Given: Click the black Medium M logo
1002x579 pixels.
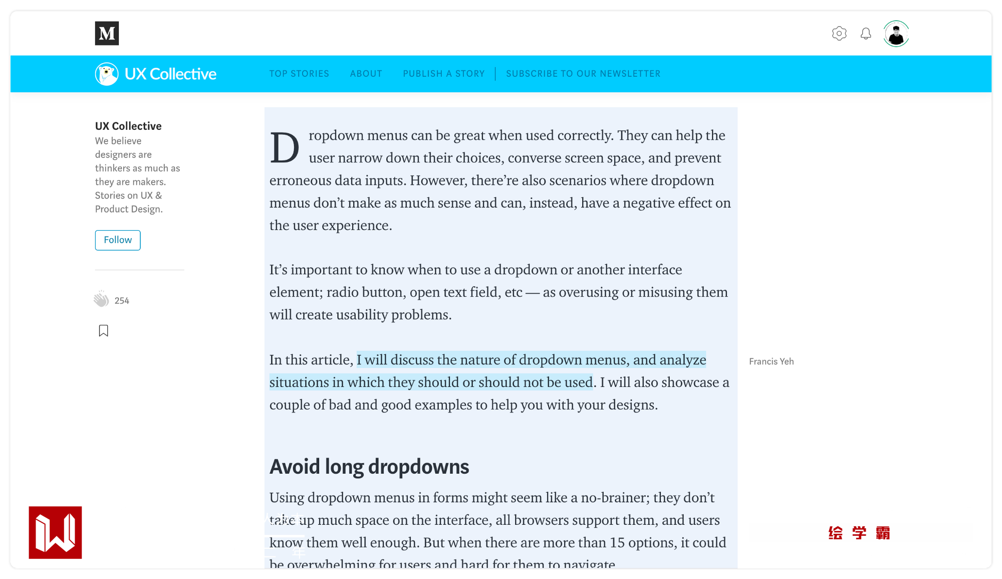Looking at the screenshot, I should (x=107, y=33).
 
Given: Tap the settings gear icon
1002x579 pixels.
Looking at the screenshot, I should (x=839, y=34).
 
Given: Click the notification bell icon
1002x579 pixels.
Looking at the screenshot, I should (x=866, y=34).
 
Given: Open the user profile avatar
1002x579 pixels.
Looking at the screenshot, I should (x=896, y=34).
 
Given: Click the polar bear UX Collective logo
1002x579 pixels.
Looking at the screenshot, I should (x=107, y=74).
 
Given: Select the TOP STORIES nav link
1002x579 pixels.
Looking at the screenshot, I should (x=299, y=74).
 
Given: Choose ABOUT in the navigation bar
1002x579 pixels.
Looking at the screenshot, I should (x=366, y=74).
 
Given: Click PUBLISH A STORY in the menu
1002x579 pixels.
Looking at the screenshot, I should (x=444, y=74).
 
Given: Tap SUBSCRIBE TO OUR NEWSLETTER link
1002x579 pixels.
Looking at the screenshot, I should (x=583, y=74).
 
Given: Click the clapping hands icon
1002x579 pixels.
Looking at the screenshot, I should (x=101, y=299).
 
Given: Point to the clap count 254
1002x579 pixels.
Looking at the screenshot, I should (x=122, y=301).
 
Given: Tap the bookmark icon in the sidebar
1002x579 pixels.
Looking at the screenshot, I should (x=103, y=331).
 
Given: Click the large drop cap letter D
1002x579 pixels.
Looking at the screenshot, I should (x=285, y=148).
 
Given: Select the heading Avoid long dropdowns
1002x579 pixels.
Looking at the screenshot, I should (x=369, y=467).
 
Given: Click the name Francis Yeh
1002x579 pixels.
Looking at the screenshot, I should (x=771, y=361).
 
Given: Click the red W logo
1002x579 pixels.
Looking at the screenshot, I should (x=55, y=532).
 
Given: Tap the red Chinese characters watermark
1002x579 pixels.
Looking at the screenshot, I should (x=859, y=533).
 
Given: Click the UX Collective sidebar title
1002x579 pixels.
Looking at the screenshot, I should (x=128, y=126).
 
